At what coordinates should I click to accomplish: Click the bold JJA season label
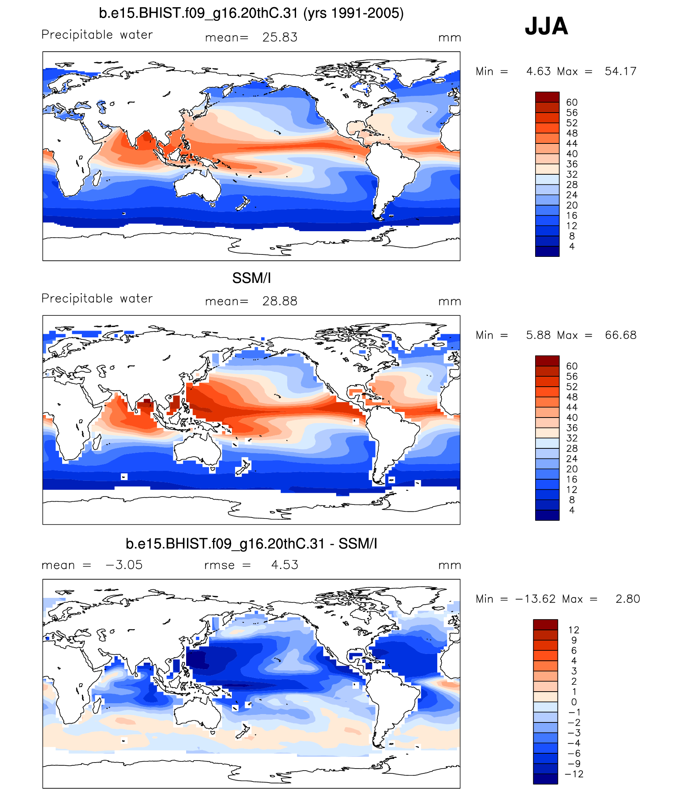546,26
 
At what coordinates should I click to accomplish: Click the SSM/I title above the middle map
252,278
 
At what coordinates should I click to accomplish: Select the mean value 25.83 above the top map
280,37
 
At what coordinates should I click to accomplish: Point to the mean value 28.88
280,301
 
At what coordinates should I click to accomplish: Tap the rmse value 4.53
284,565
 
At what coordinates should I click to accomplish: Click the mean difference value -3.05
124,565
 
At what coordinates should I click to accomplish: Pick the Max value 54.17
620,71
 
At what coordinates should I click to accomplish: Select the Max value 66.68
620,335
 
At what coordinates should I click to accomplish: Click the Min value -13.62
536,599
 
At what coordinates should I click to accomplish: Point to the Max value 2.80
627,599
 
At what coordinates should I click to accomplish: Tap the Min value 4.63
538,71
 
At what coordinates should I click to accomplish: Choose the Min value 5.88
538,335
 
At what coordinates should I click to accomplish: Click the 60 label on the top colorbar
572,103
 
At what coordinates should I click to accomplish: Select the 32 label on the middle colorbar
572,438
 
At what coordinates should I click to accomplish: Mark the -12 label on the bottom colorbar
574,774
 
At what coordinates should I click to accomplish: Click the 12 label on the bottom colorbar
574,630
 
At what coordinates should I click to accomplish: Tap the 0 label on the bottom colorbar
574,702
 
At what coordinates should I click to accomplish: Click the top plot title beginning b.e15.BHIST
251,13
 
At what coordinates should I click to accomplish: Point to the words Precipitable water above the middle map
97,298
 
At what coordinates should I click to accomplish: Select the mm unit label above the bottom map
449,565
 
